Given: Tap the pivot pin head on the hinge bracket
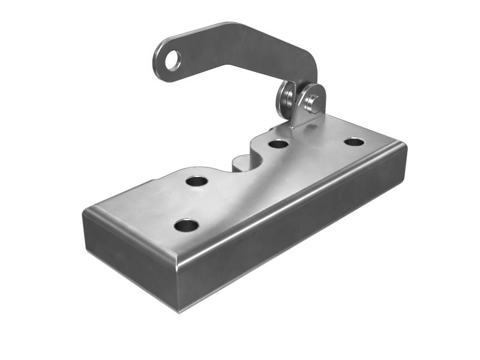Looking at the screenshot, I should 313,102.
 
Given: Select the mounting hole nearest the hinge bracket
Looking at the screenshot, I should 278,143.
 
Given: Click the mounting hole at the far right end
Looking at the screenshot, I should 354,142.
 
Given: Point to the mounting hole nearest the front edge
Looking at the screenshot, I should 186,226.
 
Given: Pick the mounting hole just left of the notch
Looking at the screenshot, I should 196,180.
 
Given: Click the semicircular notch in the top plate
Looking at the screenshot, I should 244,161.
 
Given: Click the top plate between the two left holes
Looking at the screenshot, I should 191,203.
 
